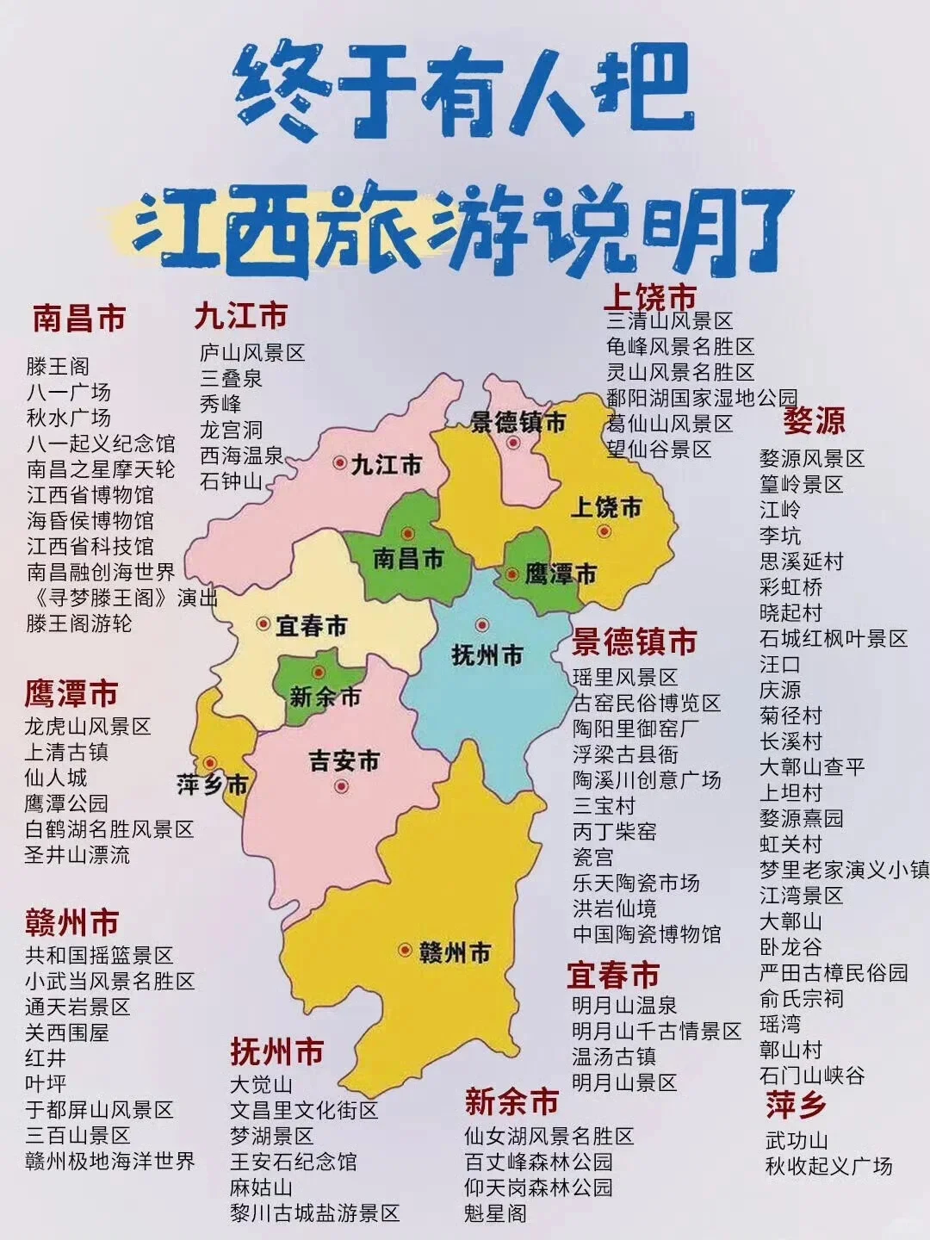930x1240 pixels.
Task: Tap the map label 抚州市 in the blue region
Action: (x=487, y=655)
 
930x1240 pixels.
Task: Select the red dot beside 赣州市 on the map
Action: (x=405, y=950)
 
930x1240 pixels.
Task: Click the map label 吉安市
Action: (x=344, y=761)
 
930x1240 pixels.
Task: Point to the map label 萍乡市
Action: (x=213, y=784)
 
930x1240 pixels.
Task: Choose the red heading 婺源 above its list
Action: (x=814, y=421)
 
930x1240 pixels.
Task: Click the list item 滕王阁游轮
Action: (x=79, y=623)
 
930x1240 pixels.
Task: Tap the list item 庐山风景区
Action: (x=252, y=352)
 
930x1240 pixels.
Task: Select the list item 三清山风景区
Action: (x=669, y=321)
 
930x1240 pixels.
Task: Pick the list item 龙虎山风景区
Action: (x=88, y=726)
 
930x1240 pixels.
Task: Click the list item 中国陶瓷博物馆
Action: (x=647, y=933)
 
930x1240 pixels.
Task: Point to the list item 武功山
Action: (x=797, y=1140)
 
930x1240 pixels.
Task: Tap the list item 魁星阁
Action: (x=495, y=1213)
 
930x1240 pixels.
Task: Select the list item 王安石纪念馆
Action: (x=293, y=1162)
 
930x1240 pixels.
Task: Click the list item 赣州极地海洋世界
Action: (x=110, y=1160)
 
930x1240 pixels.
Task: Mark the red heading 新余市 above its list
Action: (x=512, y=1101)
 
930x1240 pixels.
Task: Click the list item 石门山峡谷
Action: (x=812, y=1075)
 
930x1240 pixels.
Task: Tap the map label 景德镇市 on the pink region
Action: (x=518, y=422)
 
